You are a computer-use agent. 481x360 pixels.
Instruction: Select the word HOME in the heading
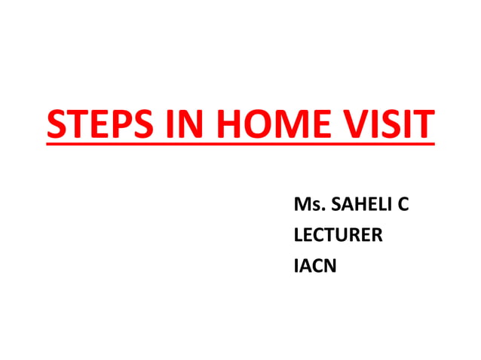pyautogui.click(x=265, y=125)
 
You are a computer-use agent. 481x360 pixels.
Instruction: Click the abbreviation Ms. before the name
pyautogui.click(x=305, y=204)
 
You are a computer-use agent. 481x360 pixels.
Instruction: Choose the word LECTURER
pyautogui.click(x=338, y=235)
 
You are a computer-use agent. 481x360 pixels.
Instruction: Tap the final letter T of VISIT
pyautogui.click(x=424, y=125)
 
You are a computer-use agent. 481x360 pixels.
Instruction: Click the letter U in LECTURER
pyautogui.click(x=342, y=235)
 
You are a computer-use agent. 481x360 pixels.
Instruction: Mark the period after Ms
pyautogui.click(x=316, y=209)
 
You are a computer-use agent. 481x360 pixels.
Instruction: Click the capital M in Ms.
pyautogui.click(x=301, y=204)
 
